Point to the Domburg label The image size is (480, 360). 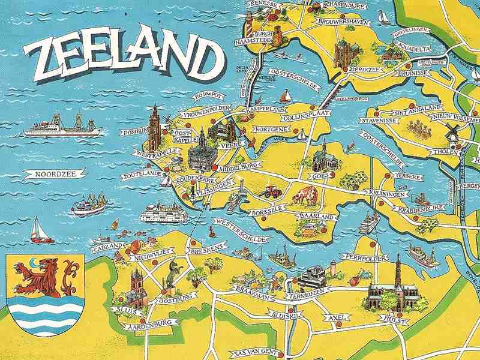[134, 132]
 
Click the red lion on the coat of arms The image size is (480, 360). [43, 278]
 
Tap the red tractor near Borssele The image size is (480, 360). [271, 192]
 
